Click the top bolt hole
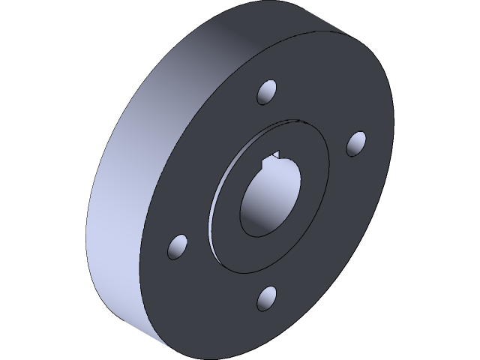click(267, 93)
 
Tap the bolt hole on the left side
click(177, 247)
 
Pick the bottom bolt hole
click(266, 298)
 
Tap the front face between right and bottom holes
click(330, 240)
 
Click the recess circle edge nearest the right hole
click(328, 161)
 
